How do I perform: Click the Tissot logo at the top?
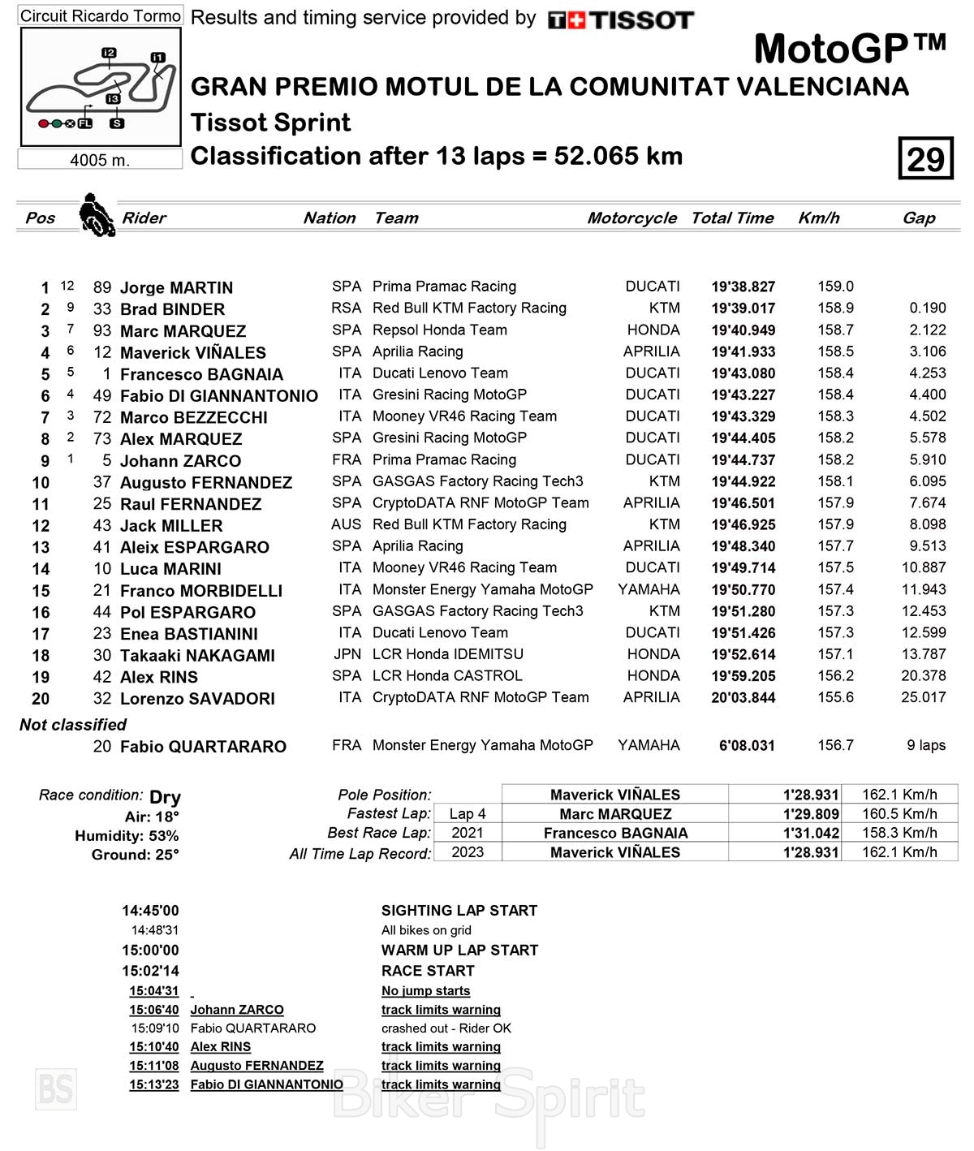[621, 19]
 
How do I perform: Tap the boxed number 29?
[925, 158]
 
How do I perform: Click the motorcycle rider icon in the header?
[97, 215]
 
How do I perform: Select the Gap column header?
[919, 218]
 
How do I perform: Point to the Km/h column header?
[818, 218]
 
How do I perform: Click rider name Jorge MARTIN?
[176, 287]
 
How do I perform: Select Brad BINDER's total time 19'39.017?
[743, 308]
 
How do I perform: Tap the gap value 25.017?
[923, 697]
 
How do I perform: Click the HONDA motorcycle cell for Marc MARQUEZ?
[653, 330]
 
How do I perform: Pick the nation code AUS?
[346, 524]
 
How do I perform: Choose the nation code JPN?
[347, 654]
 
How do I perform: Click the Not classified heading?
[73, 724]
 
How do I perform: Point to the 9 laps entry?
[925, 745]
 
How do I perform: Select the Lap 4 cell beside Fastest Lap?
[468, 813]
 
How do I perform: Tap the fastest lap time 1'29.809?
[810, 814]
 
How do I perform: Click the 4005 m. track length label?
[100, 160]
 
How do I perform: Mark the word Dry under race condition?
[165, 797]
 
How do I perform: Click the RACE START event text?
[428, 971]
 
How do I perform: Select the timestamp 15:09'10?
[155, 1028]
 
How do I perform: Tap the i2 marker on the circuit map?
[109, 53]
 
